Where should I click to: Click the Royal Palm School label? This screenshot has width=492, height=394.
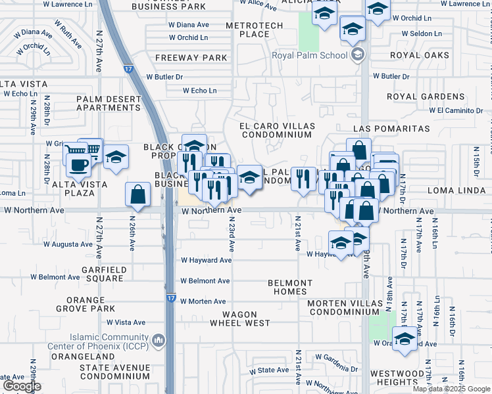click(310, 55)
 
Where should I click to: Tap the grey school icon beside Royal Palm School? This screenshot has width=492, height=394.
click(357, 55)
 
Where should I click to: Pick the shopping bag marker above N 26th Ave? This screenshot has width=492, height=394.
click(137, 194)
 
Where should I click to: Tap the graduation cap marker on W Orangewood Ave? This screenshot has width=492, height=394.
click(405, 339)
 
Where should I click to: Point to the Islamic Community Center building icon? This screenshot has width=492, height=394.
click(158, 340)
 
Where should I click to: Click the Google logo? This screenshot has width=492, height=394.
click(22, 386)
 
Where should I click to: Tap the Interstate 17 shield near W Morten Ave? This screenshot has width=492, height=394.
click(171, 297)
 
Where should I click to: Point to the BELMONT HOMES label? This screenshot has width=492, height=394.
click(291, 287)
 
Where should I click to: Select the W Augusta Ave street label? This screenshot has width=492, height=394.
click(67, 244)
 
